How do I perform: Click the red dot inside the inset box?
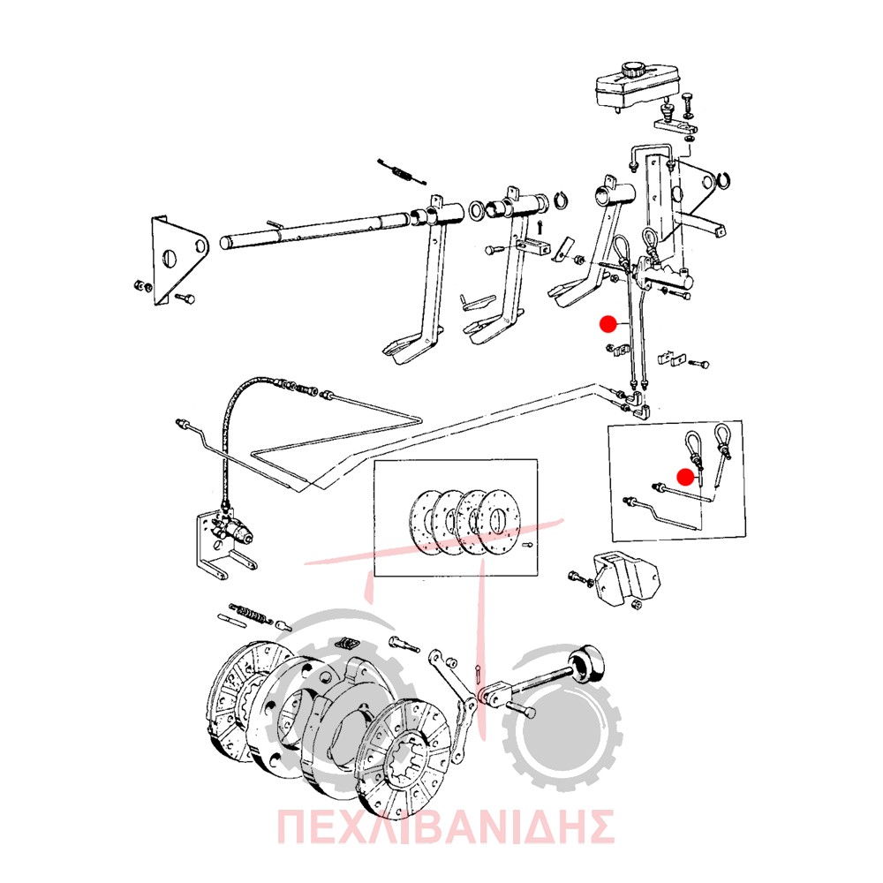pyautogui.click(x=685, y=477)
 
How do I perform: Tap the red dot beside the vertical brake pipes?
pyautogui.click(x=608, y=324)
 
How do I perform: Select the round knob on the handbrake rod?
pyautogui.click(x=588, y=664)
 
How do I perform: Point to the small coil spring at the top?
pyautogui.click(x=402, y=171)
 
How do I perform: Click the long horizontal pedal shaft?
pyautogui.click(x=315, y=230)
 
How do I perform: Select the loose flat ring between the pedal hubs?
pyautogui.click(x=476, y=211)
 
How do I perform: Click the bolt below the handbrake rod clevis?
pyautogui.click(x=520, y=709)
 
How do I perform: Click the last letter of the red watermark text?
pyautogui.click(x=599, y=826)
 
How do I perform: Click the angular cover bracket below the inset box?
pyautogui.click(x=625, y=580)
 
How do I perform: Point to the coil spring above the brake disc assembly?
pyautogui.click(x=251, y=614)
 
